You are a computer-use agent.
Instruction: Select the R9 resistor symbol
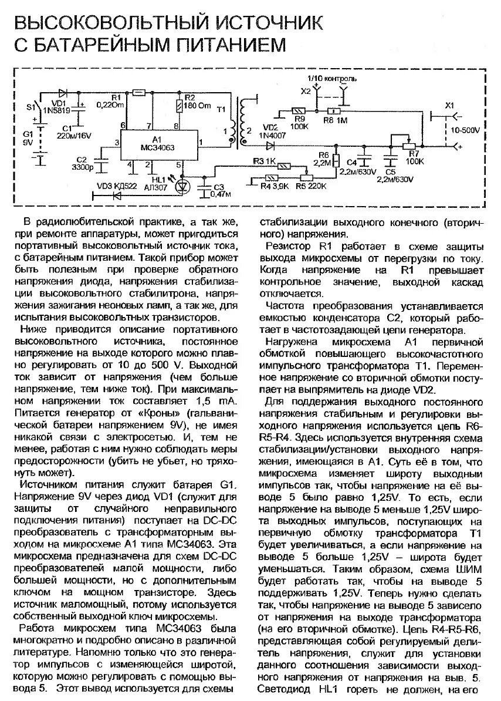(298, 110)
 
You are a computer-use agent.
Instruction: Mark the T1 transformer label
(221, 109)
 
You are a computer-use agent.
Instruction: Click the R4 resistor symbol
(272, 177)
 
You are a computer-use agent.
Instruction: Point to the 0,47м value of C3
(221, 194)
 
